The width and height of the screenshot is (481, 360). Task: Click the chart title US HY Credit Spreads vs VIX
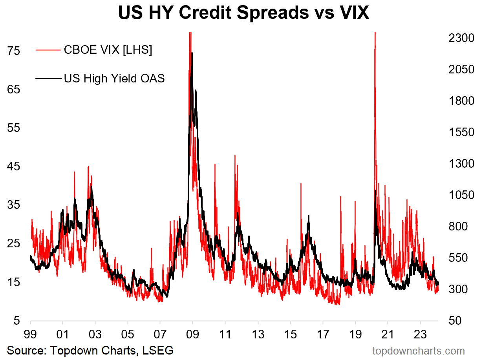point(243,13)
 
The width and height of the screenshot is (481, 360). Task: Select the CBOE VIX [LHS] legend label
point(108,50)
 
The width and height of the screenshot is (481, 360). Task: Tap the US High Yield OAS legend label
point(114,78)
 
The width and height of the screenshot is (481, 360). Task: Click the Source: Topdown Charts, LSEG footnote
point(90,350)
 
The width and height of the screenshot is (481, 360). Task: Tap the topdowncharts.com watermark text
point(418,351)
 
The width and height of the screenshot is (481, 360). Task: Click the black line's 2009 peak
point(192,53)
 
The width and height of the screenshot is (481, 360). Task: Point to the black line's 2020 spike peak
point(375,191)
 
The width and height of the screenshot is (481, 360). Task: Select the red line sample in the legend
point(48,50)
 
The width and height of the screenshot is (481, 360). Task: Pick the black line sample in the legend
point(48,79)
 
